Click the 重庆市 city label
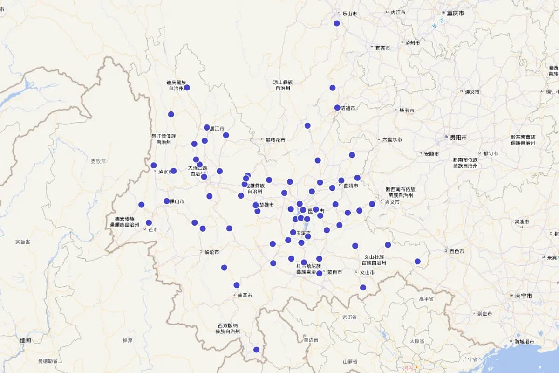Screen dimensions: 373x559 pyautogui.click(x=455, y=13)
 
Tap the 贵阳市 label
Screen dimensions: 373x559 pyautogui.click(x=458, y=138)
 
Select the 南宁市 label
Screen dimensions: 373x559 pyautogui.click(x=523, y=296)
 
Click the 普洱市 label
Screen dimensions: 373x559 pyautogui.click(x=245, y=296)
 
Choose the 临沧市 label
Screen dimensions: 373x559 pyautogui.click(x=211, y=252)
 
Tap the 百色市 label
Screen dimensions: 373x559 pyautogui.click(x=457, y=252)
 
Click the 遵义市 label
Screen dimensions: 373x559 pyautogui.click(x=472, y=92)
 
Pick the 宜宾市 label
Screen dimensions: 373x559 pyautogui.click(x=383, y=48)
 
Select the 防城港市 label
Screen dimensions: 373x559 pyautogui.click(x=524, y=342)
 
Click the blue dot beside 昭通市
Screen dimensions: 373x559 pyautogui.click(x=337, y=108)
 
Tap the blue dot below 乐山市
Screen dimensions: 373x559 pyautogui.click(x=337, y=23)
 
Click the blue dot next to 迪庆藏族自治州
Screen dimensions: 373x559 pyautogui.click(x=187, y=88)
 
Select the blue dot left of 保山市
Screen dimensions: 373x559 pyautogui.click(x=166, y=201)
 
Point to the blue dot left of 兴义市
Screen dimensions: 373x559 pyautogui.click(x=372, y=204)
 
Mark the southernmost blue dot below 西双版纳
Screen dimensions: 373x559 pyautogui.click(x=256, y=350)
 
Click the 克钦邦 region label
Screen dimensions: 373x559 pyautogui.click(x=98, y=161)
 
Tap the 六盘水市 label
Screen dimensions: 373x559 pyautogui.click(x=392, y=139)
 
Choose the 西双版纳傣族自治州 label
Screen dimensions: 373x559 pyautogui.click(x=227, y=329)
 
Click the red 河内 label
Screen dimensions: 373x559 pyautogui.click(x=408, y=368)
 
